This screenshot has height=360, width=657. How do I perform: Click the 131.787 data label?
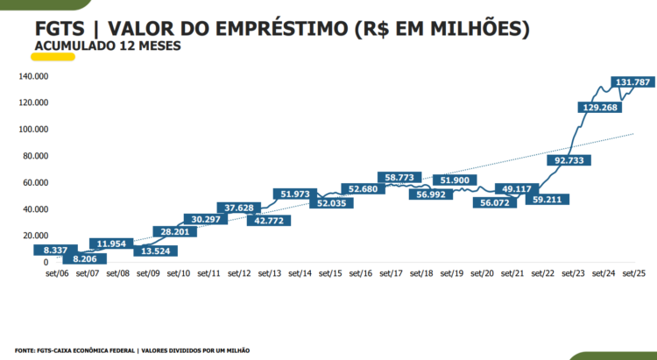pos(633,82)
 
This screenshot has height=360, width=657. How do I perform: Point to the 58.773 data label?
pos(399,178)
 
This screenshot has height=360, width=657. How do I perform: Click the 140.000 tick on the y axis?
pos(32,76)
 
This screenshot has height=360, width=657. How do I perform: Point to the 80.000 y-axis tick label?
pos(35,156)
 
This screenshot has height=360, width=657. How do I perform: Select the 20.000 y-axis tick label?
pos(35,236)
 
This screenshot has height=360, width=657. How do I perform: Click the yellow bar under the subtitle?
pos(53,55)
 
